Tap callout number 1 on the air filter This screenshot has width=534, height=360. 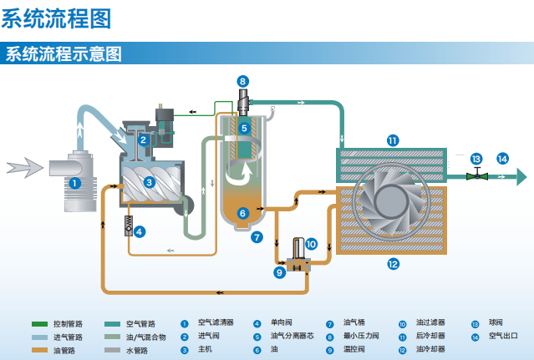(x=74, y=182)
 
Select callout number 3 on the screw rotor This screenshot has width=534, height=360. (x=149, y=180)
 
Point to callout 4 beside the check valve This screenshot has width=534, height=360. (x=140, y=231)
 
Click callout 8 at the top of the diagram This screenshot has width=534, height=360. (x=242, y=81)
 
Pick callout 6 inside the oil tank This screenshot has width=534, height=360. (x=243, y=213)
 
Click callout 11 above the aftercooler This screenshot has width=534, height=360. (x=393, y=139)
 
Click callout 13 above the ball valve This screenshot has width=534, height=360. (x=476, y=158)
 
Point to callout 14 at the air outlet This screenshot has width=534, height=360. (x=501, y=158)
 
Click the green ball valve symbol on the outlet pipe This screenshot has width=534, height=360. (x=476, y=175)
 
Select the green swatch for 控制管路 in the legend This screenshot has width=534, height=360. (x=38, y=323)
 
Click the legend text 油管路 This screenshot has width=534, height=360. (x=64, y=349)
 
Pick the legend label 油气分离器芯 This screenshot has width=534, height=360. (x=290, y=336)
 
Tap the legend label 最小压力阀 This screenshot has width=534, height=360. (x=361, y=336)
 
